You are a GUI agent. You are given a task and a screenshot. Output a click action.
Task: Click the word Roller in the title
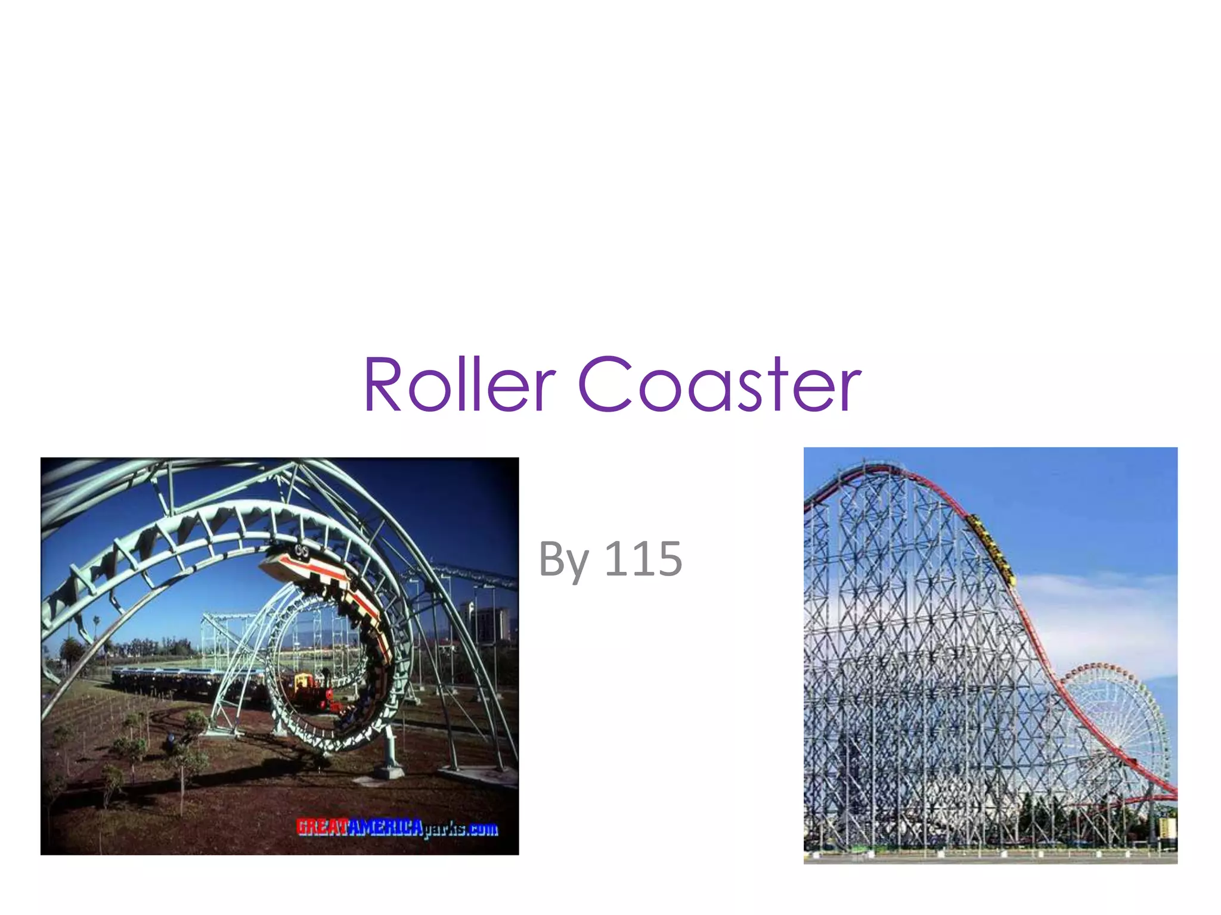click(x=459, y=384)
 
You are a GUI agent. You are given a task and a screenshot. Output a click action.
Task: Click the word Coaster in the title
click(x=719, y=384)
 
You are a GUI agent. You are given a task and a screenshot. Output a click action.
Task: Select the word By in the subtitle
click(x=563, y=560)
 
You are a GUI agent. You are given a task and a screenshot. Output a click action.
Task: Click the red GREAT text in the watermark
click(x=321, y=827)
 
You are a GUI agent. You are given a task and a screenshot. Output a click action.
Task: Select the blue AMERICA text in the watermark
click(x=385, y=827)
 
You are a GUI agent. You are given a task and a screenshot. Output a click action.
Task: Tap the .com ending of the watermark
click(x=482, y=829)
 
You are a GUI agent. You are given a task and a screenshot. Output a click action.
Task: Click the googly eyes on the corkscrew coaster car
click(x=301, y=551)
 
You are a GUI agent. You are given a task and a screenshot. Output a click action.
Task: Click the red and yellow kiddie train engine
click(x=310, y=691)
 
